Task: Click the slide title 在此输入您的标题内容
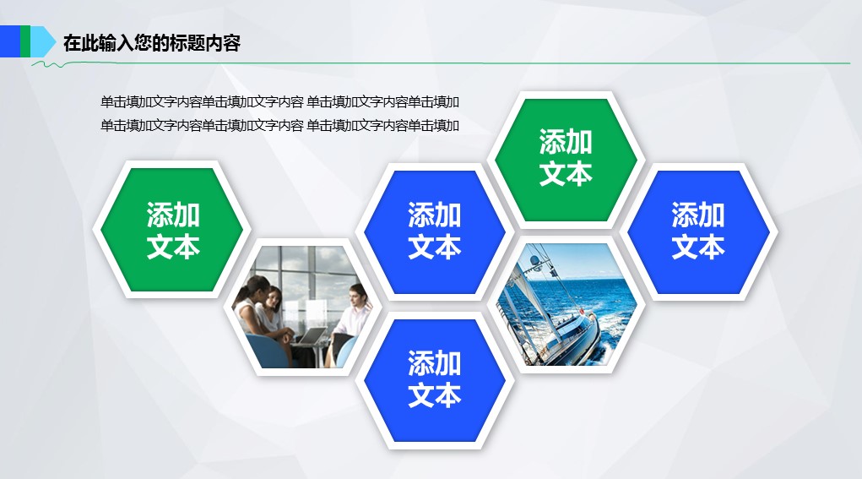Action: [152, 42]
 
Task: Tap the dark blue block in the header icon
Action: [10, 41]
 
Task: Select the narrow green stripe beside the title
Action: [25, 41]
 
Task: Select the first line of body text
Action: [279, 101]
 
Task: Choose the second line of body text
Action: [279, 125]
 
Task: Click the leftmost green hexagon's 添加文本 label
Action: [173, 231]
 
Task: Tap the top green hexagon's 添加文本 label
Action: [566, 158]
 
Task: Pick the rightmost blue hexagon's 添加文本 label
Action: [698, 231]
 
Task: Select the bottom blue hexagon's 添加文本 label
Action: [434, 379]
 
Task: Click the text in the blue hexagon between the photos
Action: [434, 231]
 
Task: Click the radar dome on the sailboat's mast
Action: [534, 259]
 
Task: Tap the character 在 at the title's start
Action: [72, 43]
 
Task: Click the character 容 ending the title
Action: [232, 43]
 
